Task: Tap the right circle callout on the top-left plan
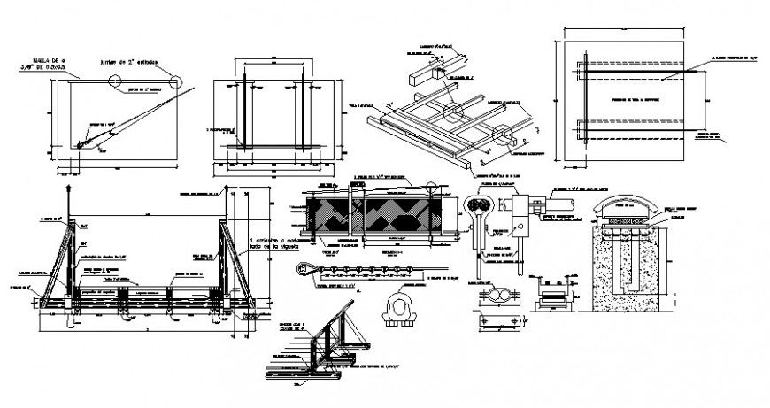178,81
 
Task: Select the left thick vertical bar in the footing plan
252,114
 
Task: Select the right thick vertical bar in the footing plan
301,114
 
